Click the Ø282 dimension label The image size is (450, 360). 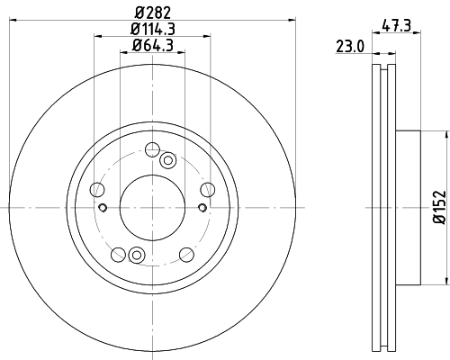tap(153, 12)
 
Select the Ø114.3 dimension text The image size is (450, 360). tap(153, 29)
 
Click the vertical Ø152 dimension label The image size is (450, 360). tap(439, 207)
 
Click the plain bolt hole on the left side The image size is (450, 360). tap(97, 189)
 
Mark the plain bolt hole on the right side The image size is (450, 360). tap(208, 188)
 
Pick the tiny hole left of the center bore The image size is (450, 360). tap(103, 209)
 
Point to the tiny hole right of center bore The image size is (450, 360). tap(202, 209)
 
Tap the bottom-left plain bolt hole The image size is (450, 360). tap(118, 253)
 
